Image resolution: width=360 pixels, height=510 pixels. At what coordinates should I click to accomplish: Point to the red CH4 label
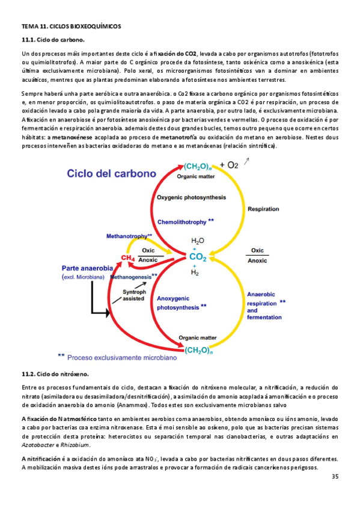point(127,258)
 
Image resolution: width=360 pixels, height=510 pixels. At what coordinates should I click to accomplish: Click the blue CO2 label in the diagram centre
point(198,257)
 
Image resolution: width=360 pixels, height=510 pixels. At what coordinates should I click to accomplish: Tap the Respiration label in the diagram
point(263,209)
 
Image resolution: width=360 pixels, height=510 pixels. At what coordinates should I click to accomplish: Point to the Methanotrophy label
point(129,236)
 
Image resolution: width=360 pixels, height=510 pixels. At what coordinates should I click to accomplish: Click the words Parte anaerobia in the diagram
point(90,268)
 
